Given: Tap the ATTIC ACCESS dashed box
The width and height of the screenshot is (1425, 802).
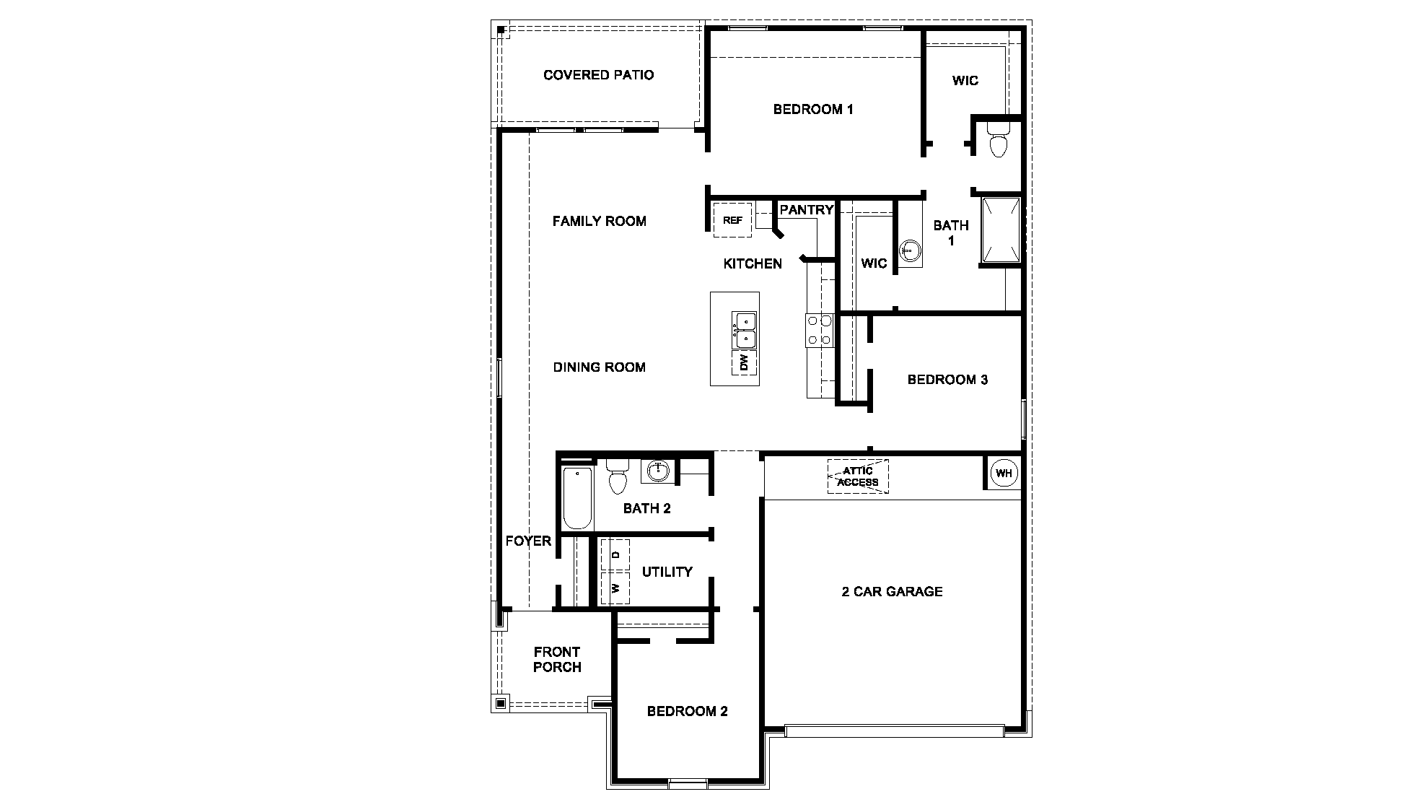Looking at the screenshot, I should click(858, 476).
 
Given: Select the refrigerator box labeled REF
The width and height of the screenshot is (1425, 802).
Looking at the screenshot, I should click(732, 220).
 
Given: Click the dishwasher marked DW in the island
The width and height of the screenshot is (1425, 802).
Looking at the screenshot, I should click(745, 363).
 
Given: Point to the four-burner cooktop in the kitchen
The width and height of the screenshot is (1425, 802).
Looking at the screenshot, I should click(820, 330).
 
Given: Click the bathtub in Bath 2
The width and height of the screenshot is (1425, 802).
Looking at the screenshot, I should click(576, 498).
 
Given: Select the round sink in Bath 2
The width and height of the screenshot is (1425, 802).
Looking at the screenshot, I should click(657, 471).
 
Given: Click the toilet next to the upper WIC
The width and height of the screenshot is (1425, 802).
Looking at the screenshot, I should click(999, 140).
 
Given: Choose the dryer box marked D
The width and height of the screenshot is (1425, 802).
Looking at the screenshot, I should click(615, 554).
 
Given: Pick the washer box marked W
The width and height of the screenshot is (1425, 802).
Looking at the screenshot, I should click(615, 588).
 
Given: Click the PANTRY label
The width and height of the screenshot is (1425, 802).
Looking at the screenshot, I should click(807, 210).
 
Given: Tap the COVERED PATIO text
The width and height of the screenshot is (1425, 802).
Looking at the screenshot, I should click(598, 75).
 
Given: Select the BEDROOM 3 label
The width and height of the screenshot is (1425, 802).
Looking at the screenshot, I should click(947, 380).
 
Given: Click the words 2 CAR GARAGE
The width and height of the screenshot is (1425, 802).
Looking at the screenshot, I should click(892, 591).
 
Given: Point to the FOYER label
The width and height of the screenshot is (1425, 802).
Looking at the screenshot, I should click(528, 541).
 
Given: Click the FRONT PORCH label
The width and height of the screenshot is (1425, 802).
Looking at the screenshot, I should click(557, 659).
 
